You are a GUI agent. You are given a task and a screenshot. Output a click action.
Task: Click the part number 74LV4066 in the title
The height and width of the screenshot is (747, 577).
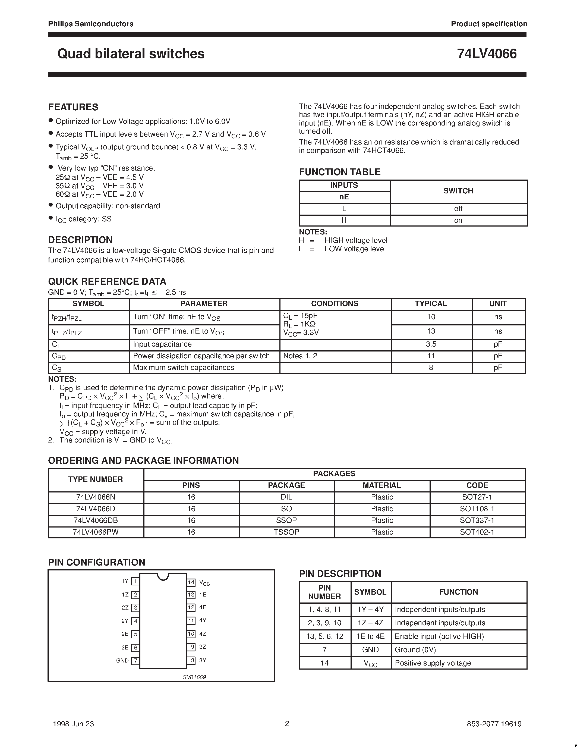click(487, 54)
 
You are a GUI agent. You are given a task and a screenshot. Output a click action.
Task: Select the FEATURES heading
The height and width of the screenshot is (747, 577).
click(73, 107)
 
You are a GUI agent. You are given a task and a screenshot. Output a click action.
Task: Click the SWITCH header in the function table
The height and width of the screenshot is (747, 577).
click(458, 191)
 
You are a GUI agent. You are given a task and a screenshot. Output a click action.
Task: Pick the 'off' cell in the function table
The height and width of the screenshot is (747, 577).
click(458, 209)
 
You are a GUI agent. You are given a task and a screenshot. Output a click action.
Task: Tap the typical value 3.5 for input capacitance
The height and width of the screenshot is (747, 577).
click(431, 344)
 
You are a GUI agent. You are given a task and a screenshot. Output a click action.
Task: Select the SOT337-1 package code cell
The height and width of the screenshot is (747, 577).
click(477, 520)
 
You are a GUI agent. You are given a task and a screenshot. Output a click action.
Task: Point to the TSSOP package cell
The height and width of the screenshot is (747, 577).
click(286, 532)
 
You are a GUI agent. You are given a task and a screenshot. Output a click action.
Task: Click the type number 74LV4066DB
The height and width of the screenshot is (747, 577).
click(95, 520)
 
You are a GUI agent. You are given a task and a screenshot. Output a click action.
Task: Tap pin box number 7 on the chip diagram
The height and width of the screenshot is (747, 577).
click(136, 660)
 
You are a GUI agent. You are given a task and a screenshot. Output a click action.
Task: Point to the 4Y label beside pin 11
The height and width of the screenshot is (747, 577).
click(203, 620)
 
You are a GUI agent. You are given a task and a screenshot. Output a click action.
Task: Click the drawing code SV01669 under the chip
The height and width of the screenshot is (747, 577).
click(194, 677)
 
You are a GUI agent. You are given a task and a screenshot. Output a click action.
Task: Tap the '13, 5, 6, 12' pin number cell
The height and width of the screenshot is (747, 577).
click(324, 636)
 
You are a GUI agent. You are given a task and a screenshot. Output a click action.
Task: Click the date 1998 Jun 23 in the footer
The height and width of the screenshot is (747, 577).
click(74, 724)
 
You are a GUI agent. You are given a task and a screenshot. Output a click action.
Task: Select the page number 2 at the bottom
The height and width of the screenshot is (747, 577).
click(287, 723)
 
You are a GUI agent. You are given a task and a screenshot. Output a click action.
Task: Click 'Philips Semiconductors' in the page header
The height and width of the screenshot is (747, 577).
click(91, 24)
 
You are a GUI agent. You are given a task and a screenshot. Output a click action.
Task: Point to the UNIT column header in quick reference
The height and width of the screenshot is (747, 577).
click(498, 304)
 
